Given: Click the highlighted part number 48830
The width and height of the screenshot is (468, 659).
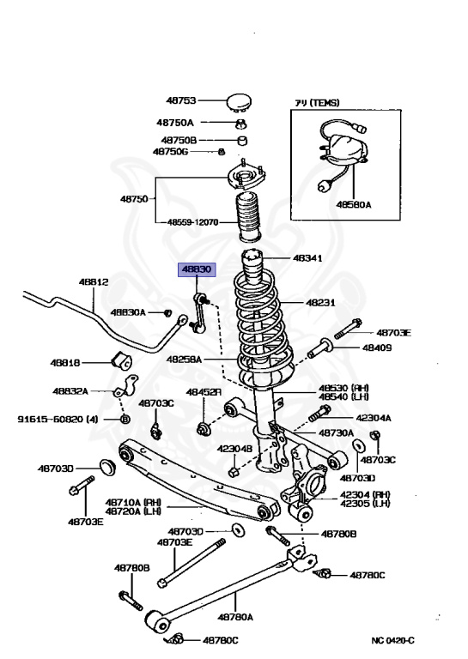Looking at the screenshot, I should (194, 269).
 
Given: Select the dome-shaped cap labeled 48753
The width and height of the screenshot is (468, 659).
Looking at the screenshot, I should (237, 103).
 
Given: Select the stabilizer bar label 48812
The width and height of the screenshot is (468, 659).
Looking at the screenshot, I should (94, 281).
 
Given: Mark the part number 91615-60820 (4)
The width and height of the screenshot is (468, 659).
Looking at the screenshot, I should (58, 420).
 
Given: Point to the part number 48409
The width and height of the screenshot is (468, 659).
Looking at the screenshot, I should (376, 348).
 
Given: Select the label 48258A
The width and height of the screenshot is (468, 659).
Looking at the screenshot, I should (184, 359).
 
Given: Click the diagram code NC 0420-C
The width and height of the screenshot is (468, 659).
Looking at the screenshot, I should (393, 640).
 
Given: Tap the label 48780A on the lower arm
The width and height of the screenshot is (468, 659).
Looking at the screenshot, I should (235, 616).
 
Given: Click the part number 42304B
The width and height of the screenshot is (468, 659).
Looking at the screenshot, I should (234, 449).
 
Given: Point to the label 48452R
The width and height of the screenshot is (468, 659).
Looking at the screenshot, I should (199, 392).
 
